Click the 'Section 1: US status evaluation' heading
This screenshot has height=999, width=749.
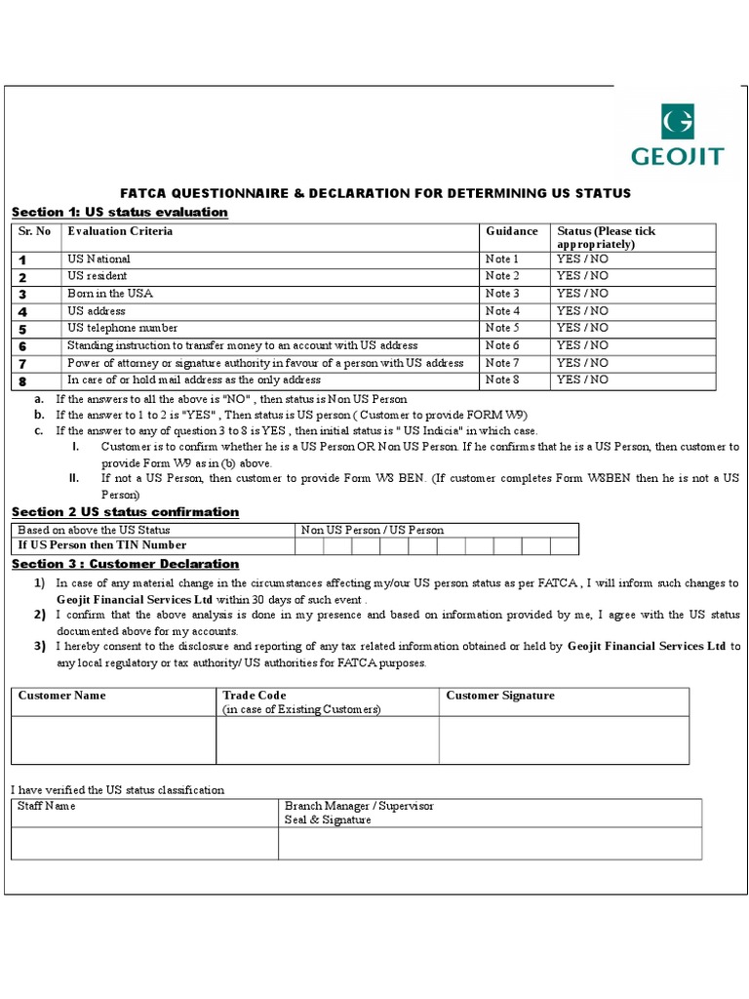[119, 212]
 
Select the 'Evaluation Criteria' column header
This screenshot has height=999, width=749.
[120, 231]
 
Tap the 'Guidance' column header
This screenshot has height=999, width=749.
[511, 231]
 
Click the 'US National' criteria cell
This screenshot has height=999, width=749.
[99, 260]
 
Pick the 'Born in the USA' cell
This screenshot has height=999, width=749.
[109, 294]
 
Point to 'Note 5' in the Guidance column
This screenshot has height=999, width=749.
[502, 328]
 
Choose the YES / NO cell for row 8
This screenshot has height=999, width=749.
[582, 380]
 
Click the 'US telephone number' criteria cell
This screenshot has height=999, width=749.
[122, 328]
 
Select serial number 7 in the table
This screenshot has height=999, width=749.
[22, 363]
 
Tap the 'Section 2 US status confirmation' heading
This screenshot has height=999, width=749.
[125, 512]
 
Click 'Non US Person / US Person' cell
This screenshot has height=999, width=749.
[373, 530]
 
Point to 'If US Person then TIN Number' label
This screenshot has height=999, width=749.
[101, 545]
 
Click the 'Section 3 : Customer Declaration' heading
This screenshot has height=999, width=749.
[125, 564]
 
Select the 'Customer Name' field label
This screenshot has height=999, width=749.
[62, 696]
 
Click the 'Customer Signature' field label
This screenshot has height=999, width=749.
[499, 696]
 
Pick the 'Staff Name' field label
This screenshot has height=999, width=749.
[47, 807]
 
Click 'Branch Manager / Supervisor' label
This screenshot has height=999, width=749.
[359, 807]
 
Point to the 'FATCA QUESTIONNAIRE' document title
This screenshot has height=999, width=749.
[374, 193]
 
